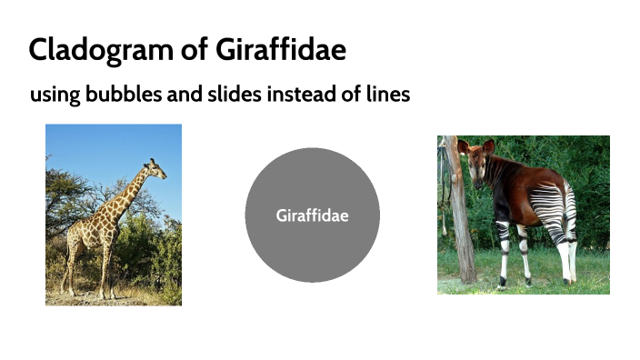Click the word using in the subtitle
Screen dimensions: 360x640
[x=55, y=95]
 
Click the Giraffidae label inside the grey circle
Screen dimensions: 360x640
[x=312, y=215]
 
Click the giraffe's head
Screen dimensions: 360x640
[x=155, y=170]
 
